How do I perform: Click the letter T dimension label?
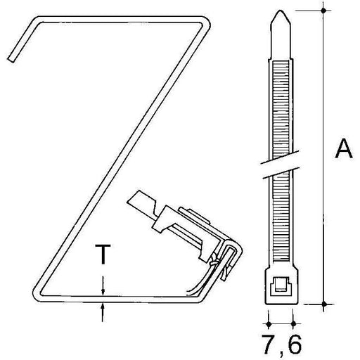[103, 254]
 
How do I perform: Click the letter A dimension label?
[344, 148]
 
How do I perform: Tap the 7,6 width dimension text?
[281, 344]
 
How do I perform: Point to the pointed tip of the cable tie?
[281, 11]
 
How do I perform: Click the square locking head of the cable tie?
[281, 286]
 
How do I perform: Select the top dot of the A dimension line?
[323, 11]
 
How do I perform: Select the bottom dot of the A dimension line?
[324, 304]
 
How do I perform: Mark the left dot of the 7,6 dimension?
[269, 324]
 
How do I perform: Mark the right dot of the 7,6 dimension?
[293, 324]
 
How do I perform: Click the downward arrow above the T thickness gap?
[103, 285]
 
